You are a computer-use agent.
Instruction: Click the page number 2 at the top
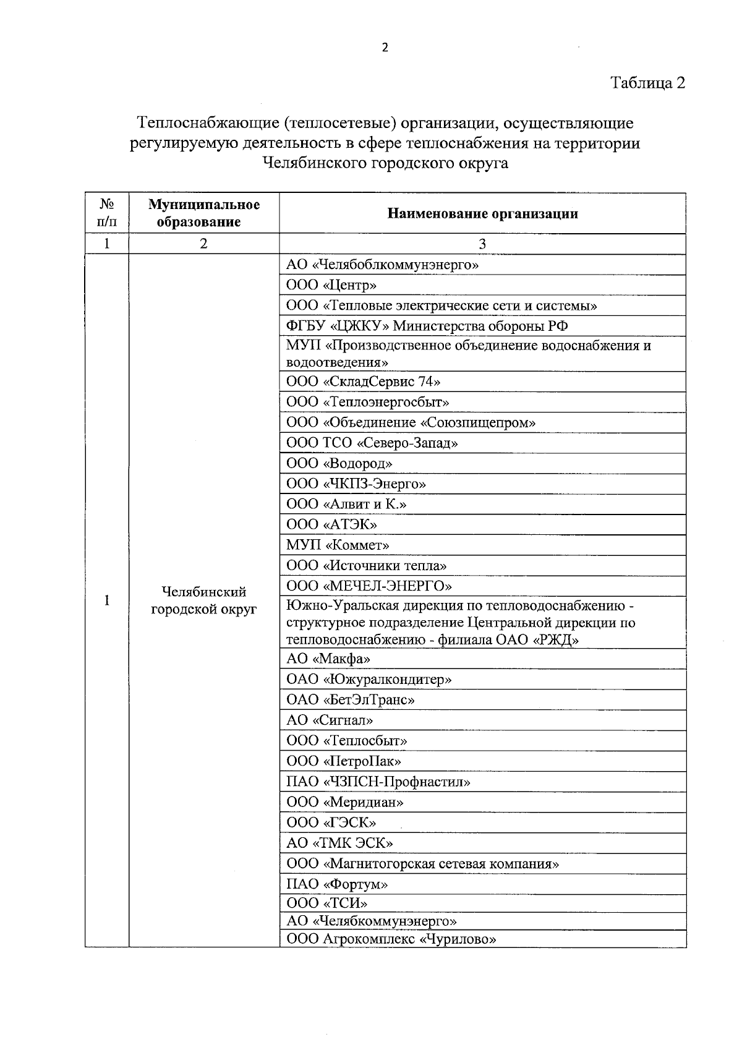click(x=385, y=48)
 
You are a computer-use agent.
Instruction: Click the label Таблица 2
click(x=647, y=83)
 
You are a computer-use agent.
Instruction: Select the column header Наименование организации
click(x=482, y=214)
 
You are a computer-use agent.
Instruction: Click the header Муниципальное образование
click(x=203, y=213)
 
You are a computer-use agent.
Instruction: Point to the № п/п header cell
click(x=106, y=213)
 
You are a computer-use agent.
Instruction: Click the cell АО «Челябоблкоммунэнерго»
click(x=382, y=265)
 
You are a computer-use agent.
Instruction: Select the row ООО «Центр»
click(x=331, y=285)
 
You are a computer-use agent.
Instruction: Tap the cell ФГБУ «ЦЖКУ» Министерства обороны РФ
click(x=427, y=326)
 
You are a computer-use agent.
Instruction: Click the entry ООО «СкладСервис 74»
click(x=363, y=382)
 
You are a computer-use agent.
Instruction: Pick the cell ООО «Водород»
click(x=339, y=463)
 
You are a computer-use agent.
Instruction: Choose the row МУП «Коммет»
click(x=338, y=545)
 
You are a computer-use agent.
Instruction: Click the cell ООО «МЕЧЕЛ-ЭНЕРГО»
click(x=369, y=586)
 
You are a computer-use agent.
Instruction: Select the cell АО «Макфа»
click(x=328, y=659)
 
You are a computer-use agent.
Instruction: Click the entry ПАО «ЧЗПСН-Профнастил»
click(x=378, y=782)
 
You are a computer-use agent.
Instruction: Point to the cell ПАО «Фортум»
click(x=337, y=884)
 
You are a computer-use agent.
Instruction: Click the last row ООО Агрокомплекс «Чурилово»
click(x=391, y=939)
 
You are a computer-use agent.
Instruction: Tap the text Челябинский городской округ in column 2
click(x=203, y=600)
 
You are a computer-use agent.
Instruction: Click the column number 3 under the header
click(x=482, y=244)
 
